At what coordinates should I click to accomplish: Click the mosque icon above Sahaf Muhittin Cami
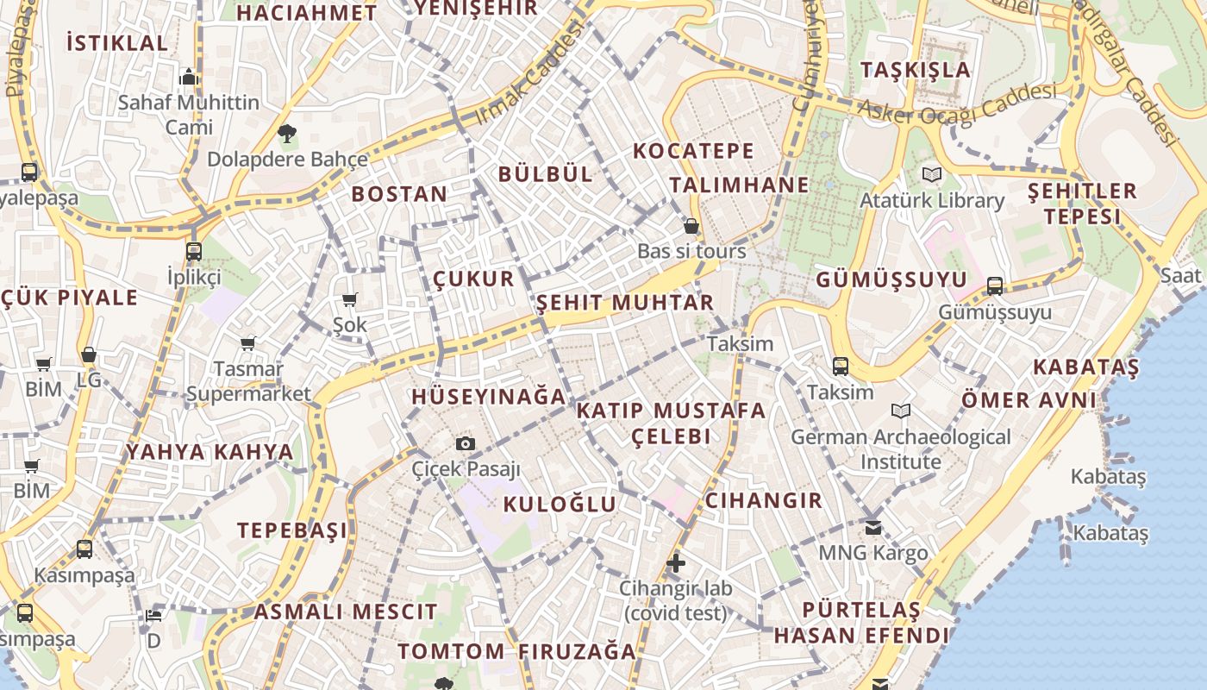click(x=189, y=77)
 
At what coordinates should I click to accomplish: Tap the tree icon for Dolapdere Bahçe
click(x=287, y=133)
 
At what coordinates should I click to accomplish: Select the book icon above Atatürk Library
click(x=931, y=174)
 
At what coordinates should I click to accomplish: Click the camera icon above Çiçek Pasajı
click(x=466, y=443)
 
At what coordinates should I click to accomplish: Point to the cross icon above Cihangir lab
click(x=676, y=563)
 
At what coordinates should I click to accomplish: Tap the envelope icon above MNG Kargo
click(x=873, y=527)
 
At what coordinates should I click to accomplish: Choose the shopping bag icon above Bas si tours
click(x=691, y=227)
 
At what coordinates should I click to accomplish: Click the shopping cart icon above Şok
click(x=350, y=300)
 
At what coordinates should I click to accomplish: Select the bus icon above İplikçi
click(x=194, y=252)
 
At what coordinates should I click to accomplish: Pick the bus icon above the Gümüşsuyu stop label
click(x=995, y=285)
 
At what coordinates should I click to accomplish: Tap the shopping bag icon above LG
click(x=89, y=354)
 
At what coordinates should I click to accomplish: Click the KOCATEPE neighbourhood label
click(x=693, y=151)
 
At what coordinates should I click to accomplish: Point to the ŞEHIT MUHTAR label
click(x=625, y=303)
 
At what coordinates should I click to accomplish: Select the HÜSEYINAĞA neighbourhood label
click(x=489, y=397)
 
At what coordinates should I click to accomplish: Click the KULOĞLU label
click(x=560, y=505)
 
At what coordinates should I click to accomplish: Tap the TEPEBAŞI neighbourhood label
click(x=292, y=530)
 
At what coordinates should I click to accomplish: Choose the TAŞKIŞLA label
click(x=916, y=70)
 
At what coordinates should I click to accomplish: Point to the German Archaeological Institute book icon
click(x=901, y=411)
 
